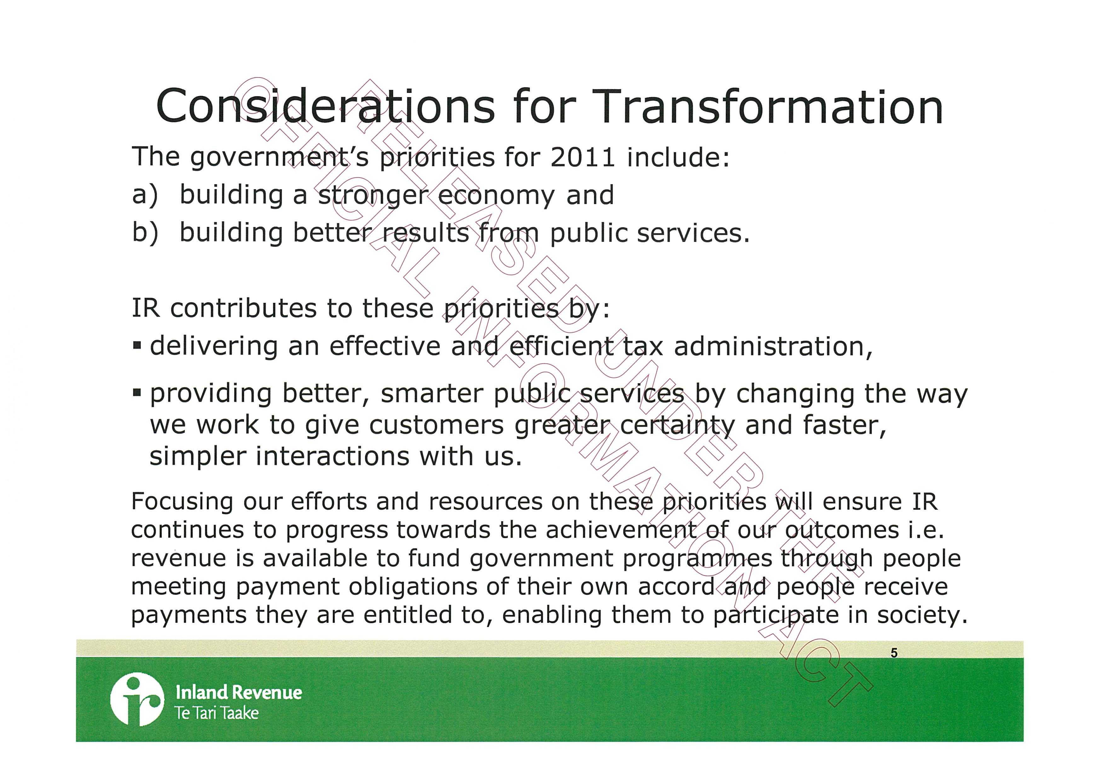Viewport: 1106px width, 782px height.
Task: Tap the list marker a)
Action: [x=145, y=195]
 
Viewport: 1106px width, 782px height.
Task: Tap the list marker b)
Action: [x=145, y=233]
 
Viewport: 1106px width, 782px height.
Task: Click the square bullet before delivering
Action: [x=137, y=346]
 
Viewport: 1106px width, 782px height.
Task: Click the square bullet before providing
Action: [x=137, y=394]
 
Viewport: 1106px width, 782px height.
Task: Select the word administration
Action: [x=773, y=346]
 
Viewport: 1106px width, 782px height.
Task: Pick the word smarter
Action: [x=432, y=394]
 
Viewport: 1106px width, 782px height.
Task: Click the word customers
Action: [x=436, y=426]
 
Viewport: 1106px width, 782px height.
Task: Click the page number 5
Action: [x=894, y=653]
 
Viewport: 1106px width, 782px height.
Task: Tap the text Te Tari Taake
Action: [x=217, y=713]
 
